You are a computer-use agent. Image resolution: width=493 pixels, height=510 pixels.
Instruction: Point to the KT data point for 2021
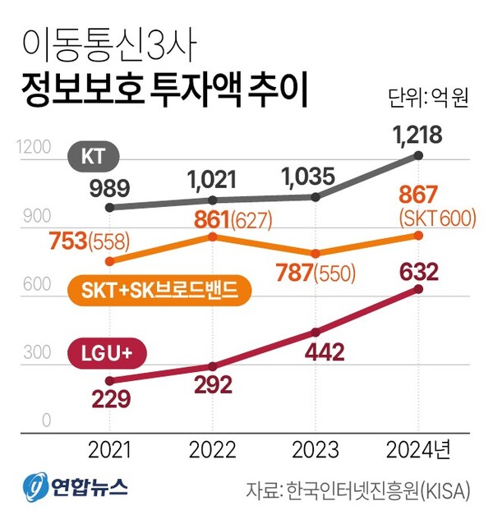(109, 207)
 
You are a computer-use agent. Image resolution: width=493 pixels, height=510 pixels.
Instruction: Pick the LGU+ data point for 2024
(419, 289)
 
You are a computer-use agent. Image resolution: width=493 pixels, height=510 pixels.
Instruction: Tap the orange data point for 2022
(213, 237)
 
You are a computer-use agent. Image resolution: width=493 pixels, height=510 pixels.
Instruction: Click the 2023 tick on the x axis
(316, 449)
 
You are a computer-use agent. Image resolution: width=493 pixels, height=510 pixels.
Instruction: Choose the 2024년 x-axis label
(419, 449)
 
